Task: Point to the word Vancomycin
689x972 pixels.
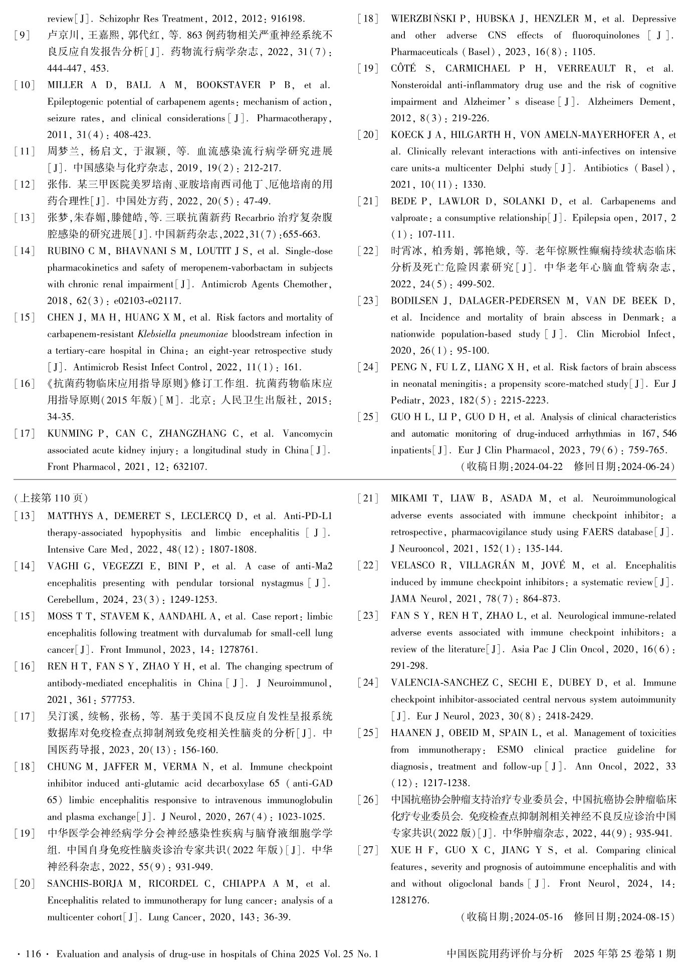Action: [x=307, y=433]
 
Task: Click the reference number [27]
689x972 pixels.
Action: [x=368, y=850]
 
